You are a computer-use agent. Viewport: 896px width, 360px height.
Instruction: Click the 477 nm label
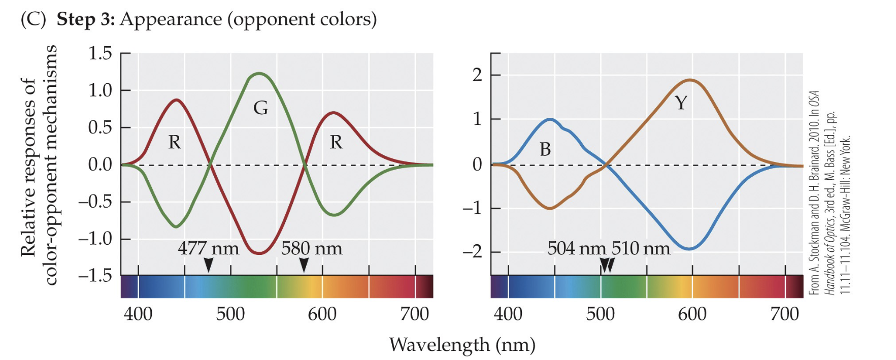pyautogui.click(x=208, y=248)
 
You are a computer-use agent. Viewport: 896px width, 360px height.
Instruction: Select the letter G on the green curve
pyautogui.click(x=260, y=108)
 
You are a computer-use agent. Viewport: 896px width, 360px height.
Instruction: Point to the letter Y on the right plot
pyautogui.click(x=681, y=103)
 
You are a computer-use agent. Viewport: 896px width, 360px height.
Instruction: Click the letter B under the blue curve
pyautogui.click(x=545, y=149)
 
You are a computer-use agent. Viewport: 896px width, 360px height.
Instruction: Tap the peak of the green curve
pyautogui.click(x=259, y=74)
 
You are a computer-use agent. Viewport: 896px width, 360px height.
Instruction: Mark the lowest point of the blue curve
pyautogui.click(x=689, y=249)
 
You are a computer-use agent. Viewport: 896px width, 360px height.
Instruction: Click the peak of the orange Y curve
pyautogui.click(x=690, y=80)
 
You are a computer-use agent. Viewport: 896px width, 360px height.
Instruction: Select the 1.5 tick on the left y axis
pyautogui.click(x=100, y=53)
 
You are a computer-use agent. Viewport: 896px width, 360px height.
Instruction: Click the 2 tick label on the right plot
pyautogui.click(x=477, y=75)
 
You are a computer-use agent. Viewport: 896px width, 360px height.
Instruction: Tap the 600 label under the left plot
pyautogui.click(x=322, y=314)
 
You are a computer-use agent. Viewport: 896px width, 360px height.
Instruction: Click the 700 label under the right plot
pyautogui.click(x=784, y=314)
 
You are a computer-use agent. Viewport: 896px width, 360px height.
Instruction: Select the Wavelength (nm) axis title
pyautogui.click(x=462, y=345)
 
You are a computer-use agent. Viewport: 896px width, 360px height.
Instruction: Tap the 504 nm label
pyautogui.click(x=576, y=248)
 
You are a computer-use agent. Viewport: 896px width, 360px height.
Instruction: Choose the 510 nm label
pyautogui.click(x=641, y=248)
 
